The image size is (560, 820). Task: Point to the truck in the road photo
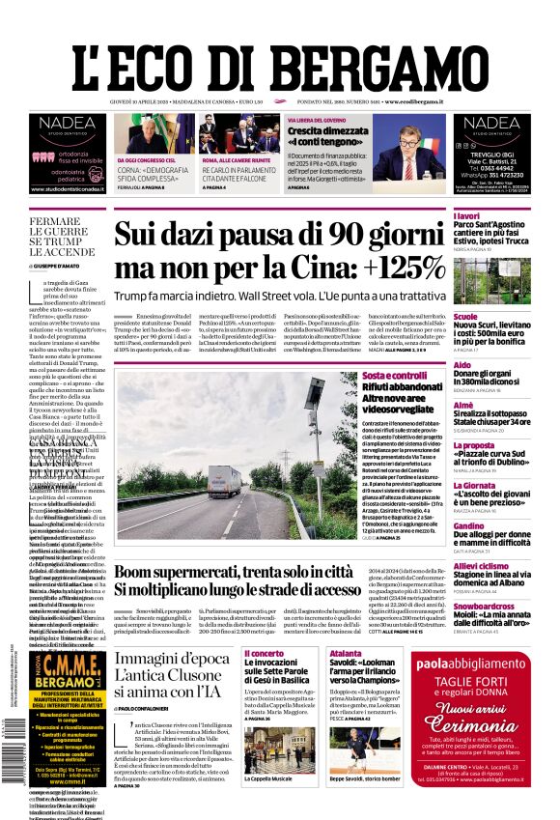224,480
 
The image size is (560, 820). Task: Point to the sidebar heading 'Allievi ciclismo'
481,565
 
